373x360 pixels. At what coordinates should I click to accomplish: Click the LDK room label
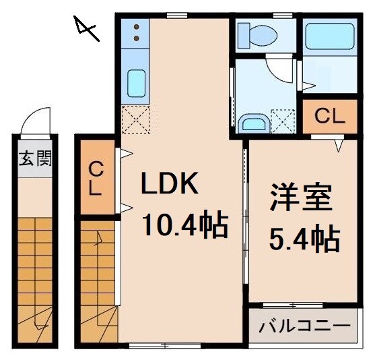coord(169,183)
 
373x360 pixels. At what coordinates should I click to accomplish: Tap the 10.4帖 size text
coord(184,224)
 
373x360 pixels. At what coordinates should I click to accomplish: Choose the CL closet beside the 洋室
coord(330,116)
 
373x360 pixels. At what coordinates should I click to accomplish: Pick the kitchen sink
coord(137,84)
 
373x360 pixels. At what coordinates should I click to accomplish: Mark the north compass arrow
coord(87,28)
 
